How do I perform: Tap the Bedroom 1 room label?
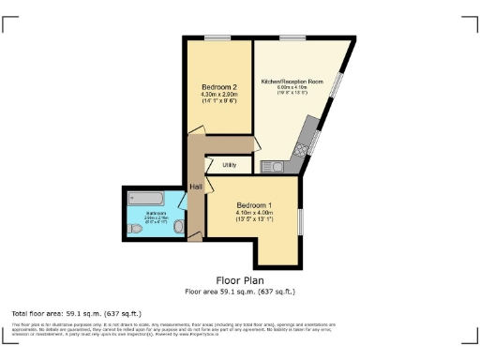coord(255,204)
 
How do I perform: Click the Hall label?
coord(196,187)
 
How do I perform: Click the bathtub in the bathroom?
coord(145,199)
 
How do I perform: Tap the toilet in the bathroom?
coord(135,229)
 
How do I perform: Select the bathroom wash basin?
coord(177,226)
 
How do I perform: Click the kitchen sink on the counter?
coord(277,166)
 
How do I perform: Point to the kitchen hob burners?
coord(302,148)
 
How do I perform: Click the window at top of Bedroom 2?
coord(218,38)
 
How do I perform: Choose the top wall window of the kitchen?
coord(292,38)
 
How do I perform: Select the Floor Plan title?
coord(240,280)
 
